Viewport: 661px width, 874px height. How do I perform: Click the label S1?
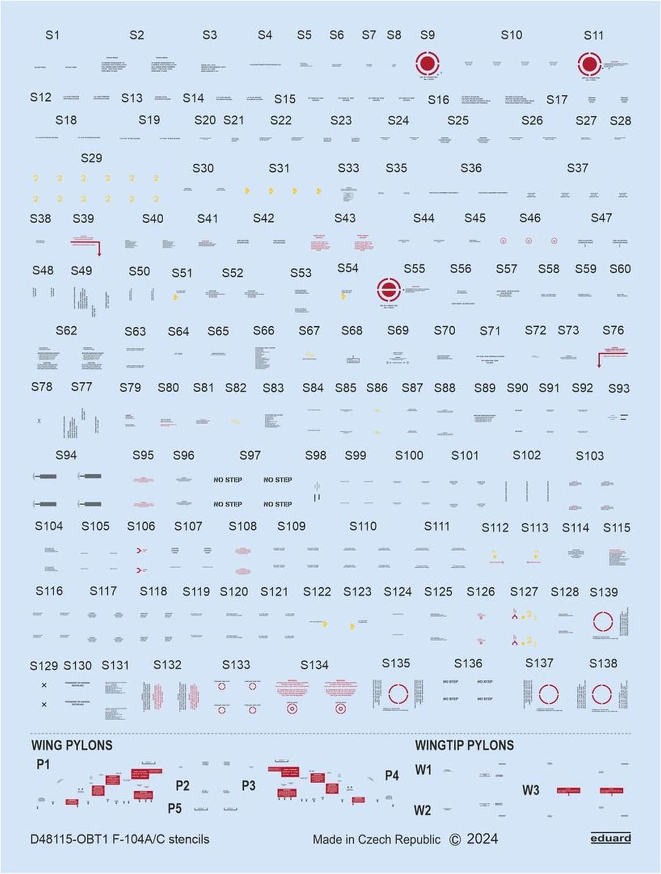coord(52,35)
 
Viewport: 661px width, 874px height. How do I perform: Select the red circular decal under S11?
coord(589,64)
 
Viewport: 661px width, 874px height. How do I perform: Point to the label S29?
coord(92,158)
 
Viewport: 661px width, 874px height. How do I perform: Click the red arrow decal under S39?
coord(87,244)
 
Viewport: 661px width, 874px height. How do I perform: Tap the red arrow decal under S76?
coord(611,357)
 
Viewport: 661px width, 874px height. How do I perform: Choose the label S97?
coord(250,456)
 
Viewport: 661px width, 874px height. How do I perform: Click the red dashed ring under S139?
coord(603,622)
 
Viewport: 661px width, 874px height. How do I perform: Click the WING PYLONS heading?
coord(72,745)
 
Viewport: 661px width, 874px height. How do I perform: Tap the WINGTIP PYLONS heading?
coord(464,745)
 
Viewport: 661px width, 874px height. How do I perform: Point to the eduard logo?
coord(610,838)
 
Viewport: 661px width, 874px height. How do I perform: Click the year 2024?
coord(482,839)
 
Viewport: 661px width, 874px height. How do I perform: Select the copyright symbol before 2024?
coord(455,840)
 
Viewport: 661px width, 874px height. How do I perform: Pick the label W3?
coord(530,791)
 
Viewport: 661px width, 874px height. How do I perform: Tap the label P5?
coord(175,808)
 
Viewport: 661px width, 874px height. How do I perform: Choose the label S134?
coord(314,665)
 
